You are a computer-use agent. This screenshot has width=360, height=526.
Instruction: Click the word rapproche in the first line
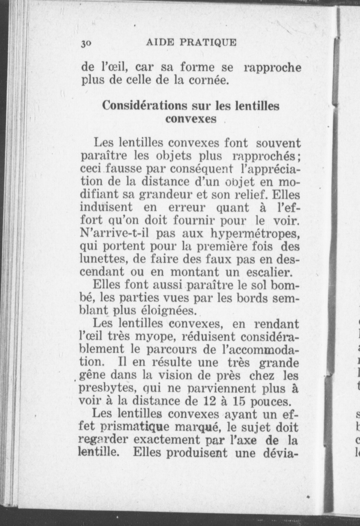click(273, 68)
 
